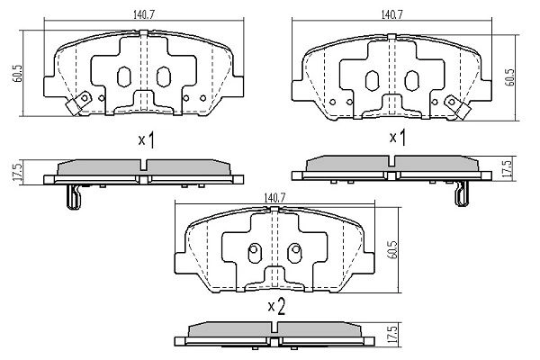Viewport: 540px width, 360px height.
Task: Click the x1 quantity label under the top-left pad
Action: (x=147, y=139)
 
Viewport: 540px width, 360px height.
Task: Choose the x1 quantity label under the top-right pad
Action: (x=397, y=137)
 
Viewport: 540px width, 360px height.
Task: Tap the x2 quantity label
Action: (x=276, y=307)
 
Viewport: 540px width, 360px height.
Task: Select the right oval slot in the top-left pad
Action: (x=164, y=77)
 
